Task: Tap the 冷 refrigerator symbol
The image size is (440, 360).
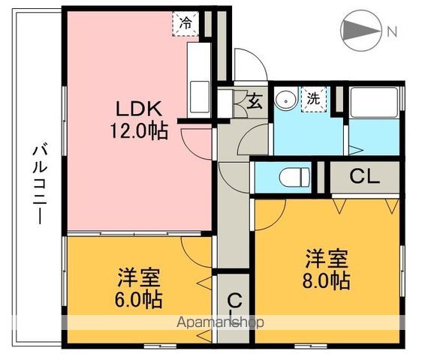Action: (x=184, y=22)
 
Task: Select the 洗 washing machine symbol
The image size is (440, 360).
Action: (x=313, y=98)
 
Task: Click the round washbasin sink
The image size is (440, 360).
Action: (x=285, y=99)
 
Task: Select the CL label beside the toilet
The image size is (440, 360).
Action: (x=366, y=178)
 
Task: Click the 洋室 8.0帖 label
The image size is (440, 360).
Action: (x=327, y=271)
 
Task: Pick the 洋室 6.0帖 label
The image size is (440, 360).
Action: (x=139, y=287)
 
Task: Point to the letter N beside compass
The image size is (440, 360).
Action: (x=391, y=31)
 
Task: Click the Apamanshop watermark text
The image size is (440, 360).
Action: (x=220, y=322)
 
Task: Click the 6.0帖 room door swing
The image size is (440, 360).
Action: (x=197, y=250)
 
